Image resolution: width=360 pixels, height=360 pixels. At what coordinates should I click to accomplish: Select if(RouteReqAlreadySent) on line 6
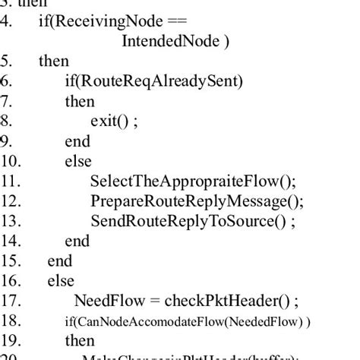click(x=154, y=81)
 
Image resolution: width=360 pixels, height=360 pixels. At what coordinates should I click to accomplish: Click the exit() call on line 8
click(x=112, y=121)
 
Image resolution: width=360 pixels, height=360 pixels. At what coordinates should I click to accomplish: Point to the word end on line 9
click(x=77, y=141)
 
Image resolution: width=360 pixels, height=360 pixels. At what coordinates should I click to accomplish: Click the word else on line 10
click(x=78, y=161)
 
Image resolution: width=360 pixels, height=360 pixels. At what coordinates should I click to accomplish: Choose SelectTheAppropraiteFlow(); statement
click(x=193, y=181)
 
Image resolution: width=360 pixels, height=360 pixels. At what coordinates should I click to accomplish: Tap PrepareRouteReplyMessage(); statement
click(x=196, y=201)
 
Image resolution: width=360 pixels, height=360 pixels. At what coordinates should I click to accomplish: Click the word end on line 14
click(x=77, y=241)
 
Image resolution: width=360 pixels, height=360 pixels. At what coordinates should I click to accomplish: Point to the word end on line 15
click(x=59, y=261)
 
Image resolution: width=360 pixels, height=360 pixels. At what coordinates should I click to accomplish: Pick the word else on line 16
click(x=61, y=281)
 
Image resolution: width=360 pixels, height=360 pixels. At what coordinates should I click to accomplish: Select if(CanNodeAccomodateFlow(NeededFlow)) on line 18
click(x=187, y=321)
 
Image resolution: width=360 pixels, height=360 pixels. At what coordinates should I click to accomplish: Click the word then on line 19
click(x=81, y=340)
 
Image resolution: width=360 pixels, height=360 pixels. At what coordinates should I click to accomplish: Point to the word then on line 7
click(x=81, y=101)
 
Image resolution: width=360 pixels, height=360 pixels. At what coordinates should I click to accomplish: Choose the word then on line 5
click(x=53, y=61)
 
